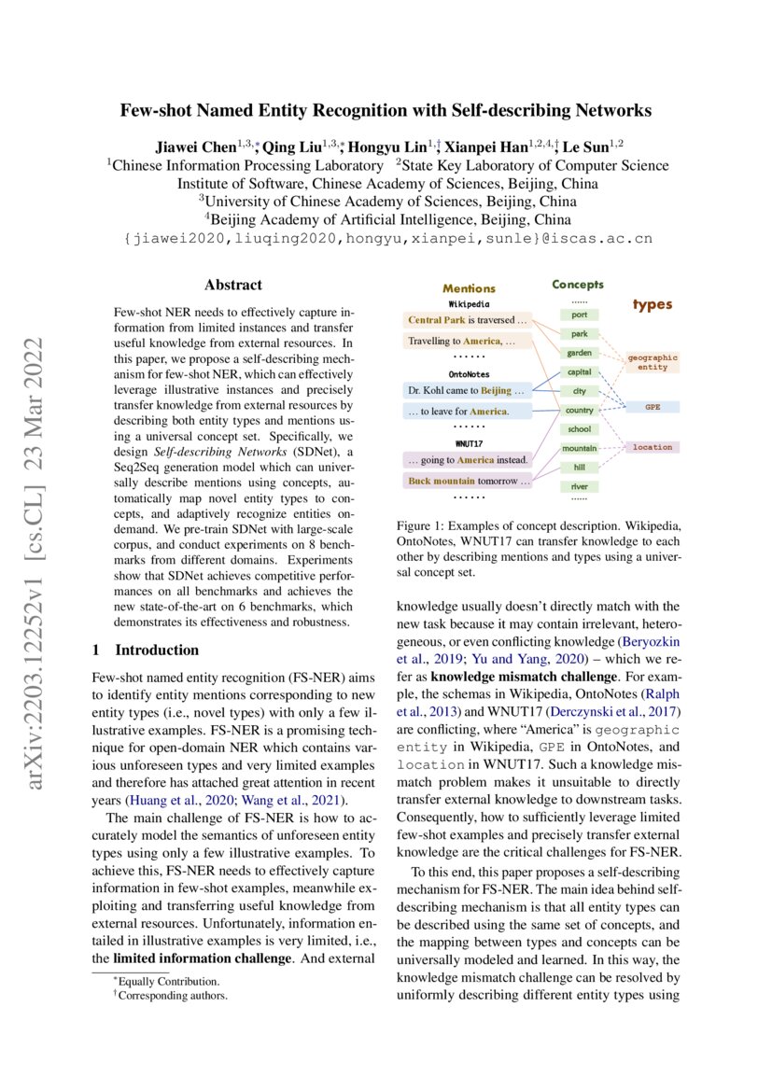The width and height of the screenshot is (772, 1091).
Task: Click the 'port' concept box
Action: coord(579,315)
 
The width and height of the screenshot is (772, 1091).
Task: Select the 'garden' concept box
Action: coord(579,353)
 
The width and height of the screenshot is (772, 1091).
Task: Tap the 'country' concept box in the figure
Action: coord(579,411)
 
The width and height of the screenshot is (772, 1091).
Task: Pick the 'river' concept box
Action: coord(579,486)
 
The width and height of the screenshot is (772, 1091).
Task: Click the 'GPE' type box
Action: coord(653,408)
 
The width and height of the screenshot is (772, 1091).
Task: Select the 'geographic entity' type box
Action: coord(653,362)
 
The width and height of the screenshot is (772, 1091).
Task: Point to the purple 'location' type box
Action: coord(653,447)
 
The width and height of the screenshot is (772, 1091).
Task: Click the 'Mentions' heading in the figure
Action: coord(469,288)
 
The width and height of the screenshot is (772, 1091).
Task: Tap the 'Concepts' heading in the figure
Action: coord(578,284)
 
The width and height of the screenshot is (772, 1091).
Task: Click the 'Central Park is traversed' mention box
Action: coord(467,320)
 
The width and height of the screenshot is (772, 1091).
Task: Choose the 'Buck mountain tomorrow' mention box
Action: coord(467,482)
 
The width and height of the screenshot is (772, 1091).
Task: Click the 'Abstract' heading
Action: coord(233,286)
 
